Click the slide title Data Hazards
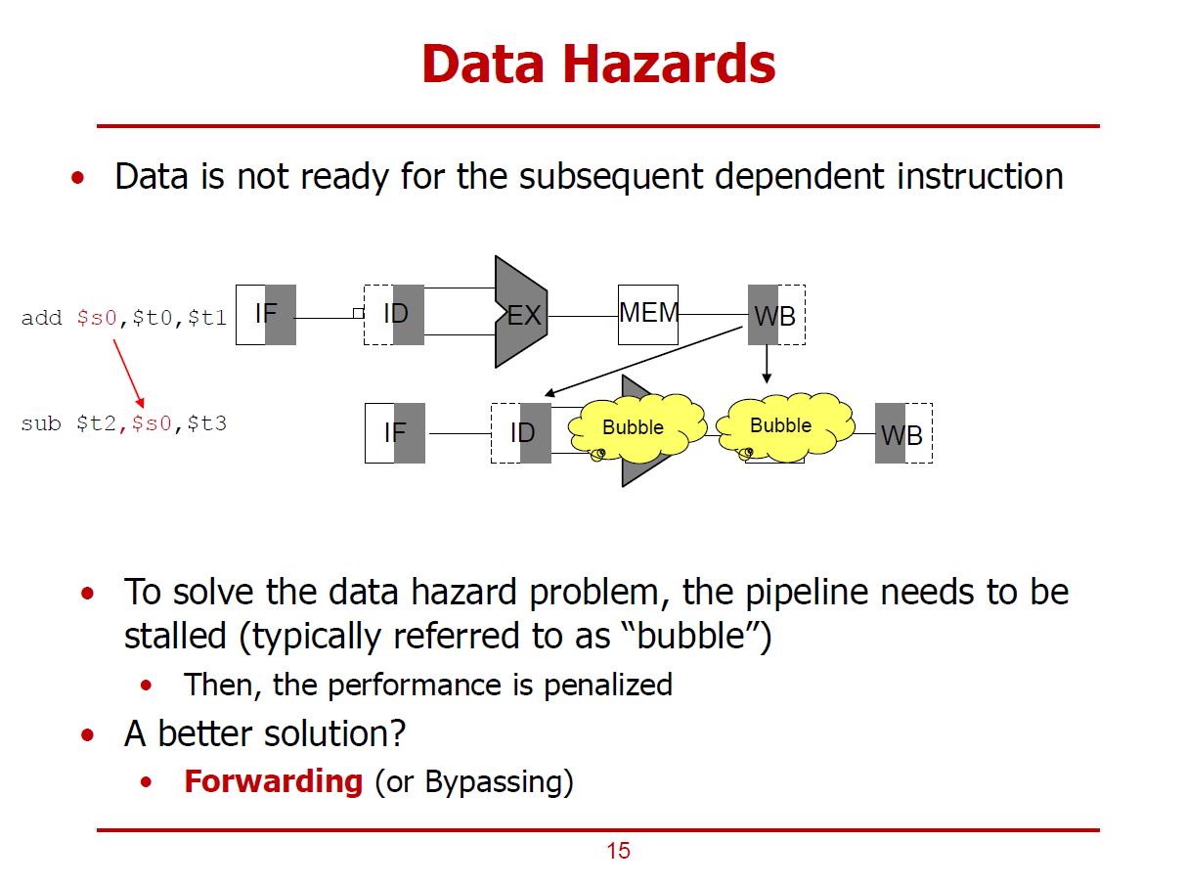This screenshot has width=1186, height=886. (598, 65)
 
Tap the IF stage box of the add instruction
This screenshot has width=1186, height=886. (266, 315)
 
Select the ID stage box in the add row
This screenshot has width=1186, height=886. (394, 315)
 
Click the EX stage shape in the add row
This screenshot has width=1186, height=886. (521, 313)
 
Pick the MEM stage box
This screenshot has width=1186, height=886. (648, 314)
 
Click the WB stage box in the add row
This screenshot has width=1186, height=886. (776, 315)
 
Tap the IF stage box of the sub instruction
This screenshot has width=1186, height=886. (395, 432)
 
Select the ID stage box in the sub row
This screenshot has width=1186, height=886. (521, 432)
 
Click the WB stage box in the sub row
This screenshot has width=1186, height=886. (903, 433)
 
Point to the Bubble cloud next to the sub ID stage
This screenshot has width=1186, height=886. (634, 428)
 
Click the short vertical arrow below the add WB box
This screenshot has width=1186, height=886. (767, 364)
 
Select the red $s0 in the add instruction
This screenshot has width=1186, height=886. (97, 318)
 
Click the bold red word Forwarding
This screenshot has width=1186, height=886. (273, 781)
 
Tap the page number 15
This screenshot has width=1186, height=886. (618, 851)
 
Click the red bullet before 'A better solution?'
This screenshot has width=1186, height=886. (89, 734)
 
